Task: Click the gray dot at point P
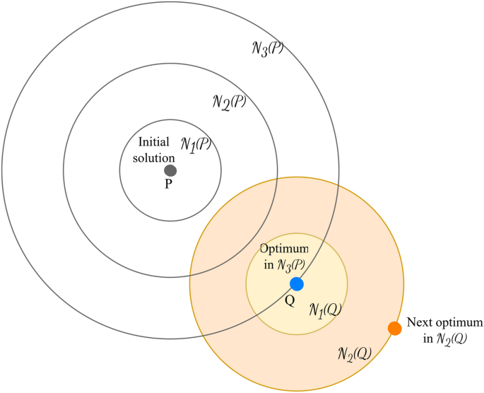pyautogui.click(x=170, y=170)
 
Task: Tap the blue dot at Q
pyautogui.click(x=297, y=283)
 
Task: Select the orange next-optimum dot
pyautogui.click(x=395, y=328)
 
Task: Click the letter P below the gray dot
pyautogui.click(x=169, y=184)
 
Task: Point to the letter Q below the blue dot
pyautogui.click(x=289, y=299)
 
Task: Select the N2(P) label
pyautogui.click(x=228, y=101)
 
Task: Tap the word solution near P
pyautogui.click(x=155, y=156)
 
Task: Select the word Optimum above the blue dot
pyautogui.click(x=285, y=250)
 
